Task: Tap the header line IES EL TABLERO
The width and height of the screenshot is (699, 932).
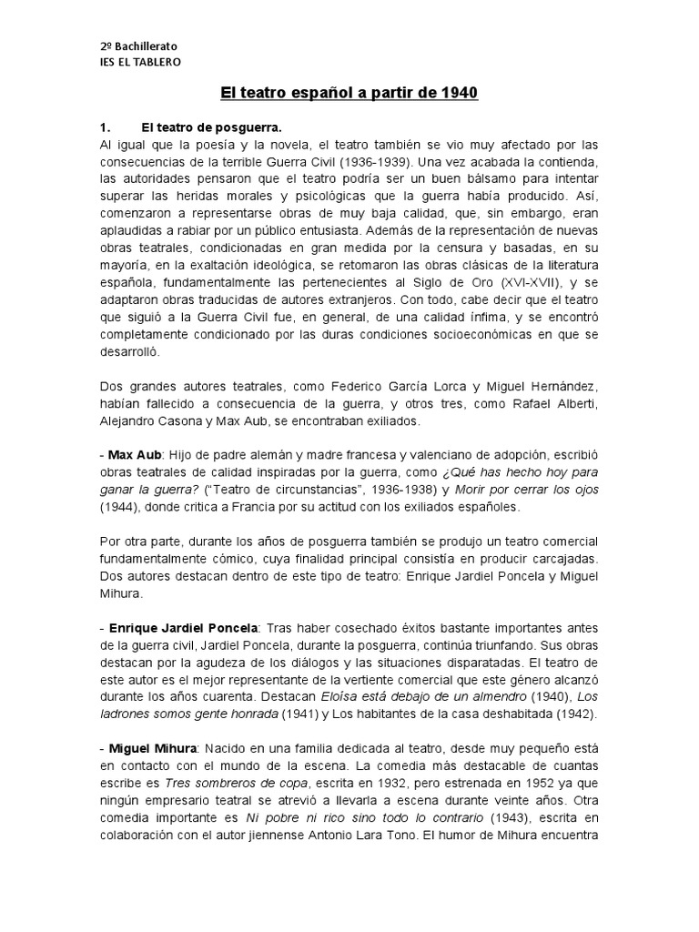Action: (x=140, y=62)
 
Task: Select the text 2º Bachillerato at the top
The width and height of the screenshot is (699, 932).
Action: (x=138, y=45)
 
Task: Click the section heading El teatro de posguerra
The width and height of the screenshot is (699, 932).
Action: (x=206, y=127)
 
